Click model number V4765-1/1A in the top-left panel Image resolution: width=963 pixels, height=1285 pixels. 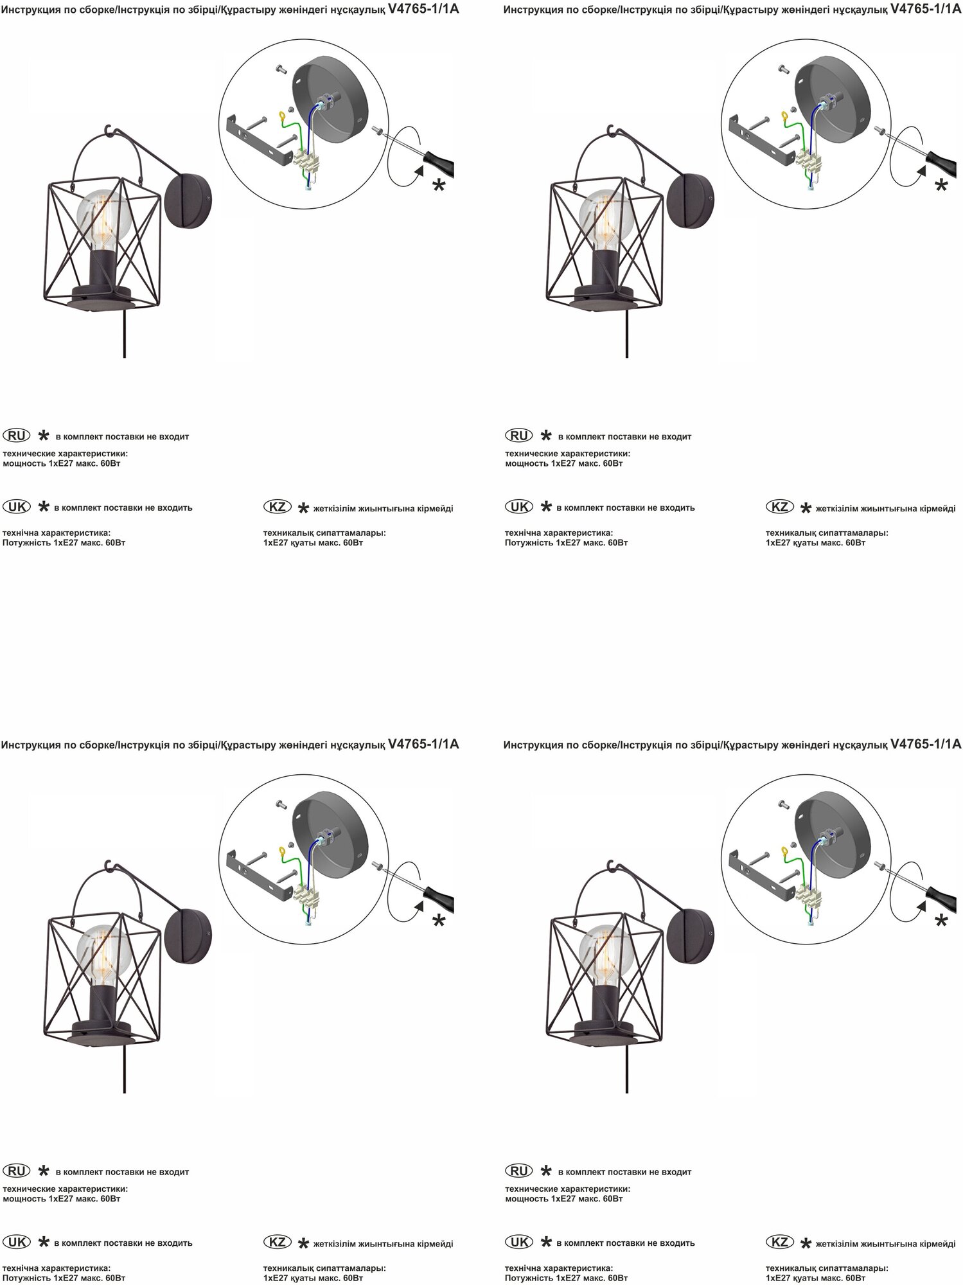[423, 9]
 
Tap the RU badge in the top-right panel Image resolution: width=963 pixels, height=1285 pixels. [519, 436]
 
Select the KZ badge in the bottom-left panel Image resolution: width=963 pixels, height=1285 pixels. [278, 1242]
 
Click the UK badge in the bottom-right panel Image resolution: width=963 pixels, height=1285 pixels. [519, 1242]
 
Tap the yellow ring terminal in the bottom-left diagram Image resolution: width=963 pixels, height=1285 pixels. [281, 852]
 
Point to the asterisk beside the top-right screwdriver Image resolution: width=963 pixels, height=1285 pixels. [941, 186]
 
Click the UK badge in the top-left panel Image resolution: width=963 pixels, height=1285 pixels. [17, 506]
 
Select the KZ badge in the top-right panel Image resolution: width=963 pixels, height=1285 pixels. [780, 506]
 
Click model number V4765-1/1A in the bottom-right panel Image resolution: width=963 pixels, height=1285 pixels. [926, 744]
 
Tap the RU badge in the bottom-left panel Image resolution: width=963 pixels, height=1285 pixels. [17, 1171]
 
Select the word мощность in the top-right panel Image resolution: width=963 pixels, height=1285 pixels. [526, 463]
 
